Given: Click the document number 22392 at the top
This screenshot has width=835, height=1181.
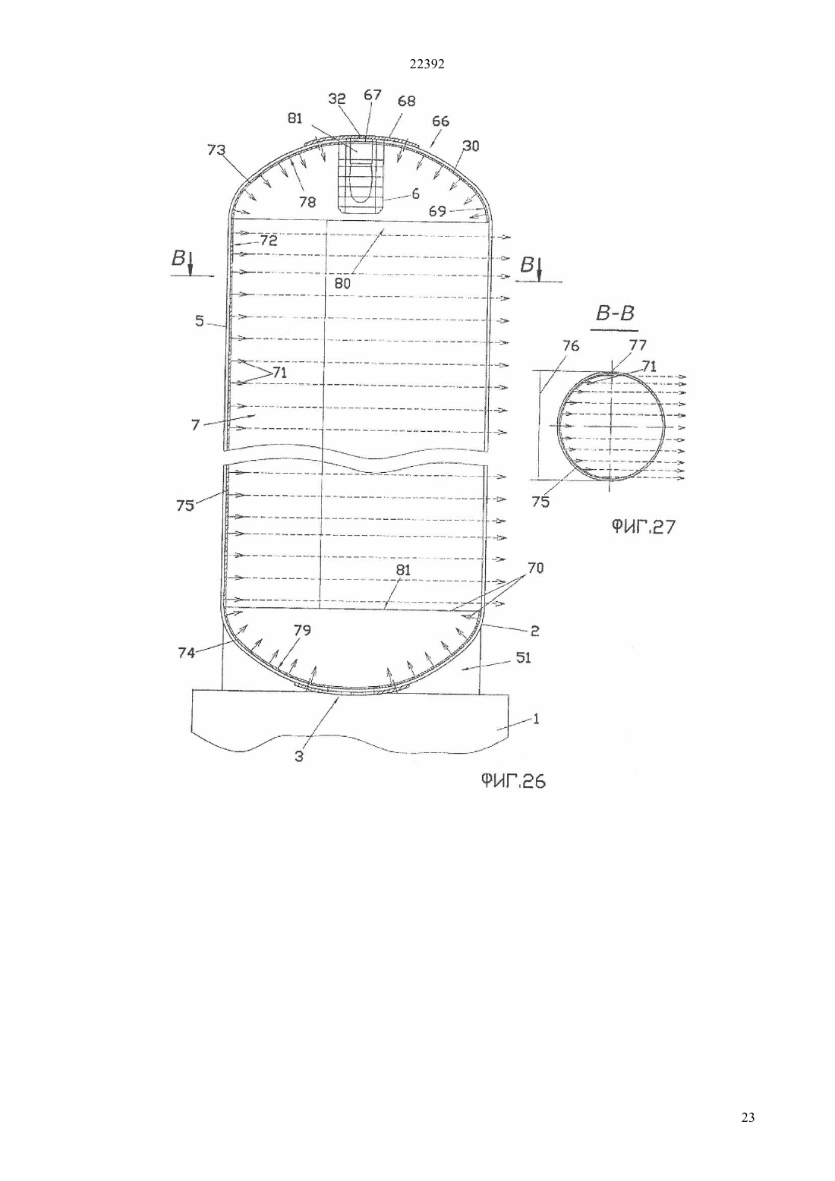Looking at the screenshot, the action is click(x=427, y=64).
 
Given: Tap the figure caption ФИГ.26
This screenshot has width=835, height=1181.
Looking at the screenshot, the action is click(x=512, y=781).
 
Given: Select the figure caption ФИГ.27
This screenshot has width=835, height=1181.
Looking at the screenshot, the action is click(x=643, y=526).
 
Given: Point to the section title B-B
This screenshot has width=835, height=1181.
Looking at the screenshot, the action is click(x=615, y=313).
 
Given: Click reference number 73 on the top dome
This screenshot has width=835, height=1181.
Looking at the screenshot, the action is click(x=216, y=150).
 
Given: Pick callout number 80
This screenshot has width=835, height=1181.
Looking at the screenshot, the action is click(x=342, y=284).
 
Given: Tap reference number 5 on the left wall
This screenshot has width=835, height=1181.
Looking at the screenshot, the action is click(x=199, y=320).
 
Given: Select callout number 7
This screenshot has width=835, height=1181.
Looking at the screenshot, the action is click(x=196, y=424).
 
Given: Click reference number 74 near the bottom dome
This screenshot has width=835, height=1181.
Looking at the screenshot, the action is click(x=187, y=653).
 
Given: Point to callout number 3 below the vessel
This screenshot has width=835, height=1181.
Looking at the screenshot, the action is click(x=299, y=757).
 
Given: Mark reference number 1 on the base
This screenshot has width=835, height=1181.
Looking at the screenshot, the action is click(x=536, y=719).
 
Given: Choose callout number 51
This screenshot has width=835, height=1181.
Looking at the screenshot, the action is click(x=523, y=657).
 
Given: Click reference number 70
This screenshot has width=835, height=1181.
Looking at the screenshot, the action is click(x=536, y=568).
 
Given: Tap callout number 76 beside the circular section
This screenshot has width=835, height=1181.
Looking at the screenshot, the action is click(x=571, y=346).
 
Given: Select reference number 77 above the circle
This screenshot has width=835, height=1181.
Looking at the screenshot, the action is click(x=638, y=346).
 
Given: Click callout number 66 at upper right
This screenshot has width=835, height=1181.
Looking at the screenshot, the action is click(x=441, y=121).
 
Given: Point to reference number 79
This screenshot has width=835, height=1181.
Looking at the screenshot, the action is click(x=303, y=630).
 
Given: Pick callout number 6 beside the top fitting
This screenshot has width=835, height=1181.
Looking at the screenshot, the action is click(x=415, y=194).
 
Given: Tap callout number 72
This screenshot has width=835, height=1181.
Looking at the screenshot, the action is click(x=269, y=241).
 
